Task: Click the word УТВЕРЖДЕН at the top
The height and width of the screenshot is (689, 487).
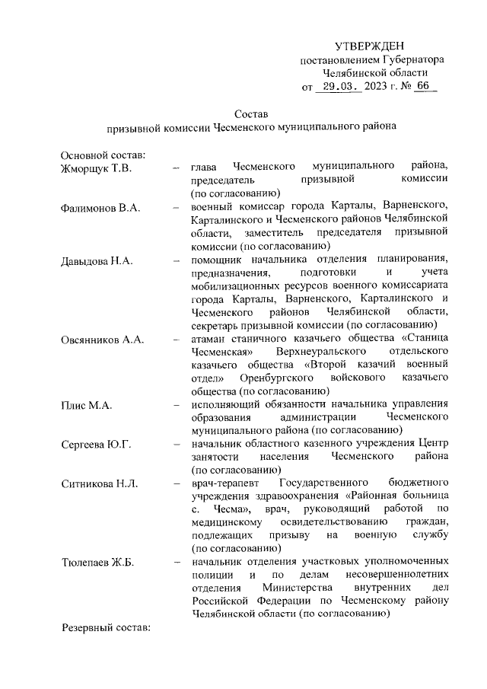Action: (x=370, y=46)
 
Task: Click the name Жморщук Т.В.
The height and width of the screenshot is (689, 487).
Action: (x=96, y=167)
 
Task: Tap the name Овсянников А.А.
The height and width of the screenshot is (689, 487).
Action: (x=102, y=340)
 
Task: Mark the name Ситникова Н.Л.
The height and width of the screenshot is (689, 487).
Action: (x=98, y=484)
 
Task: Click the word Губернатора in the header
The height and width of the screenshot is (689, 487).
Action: (x=407, y=59)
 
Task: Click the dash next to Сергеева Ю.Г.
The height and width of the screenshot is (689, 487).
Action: (x=176, y=445)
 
